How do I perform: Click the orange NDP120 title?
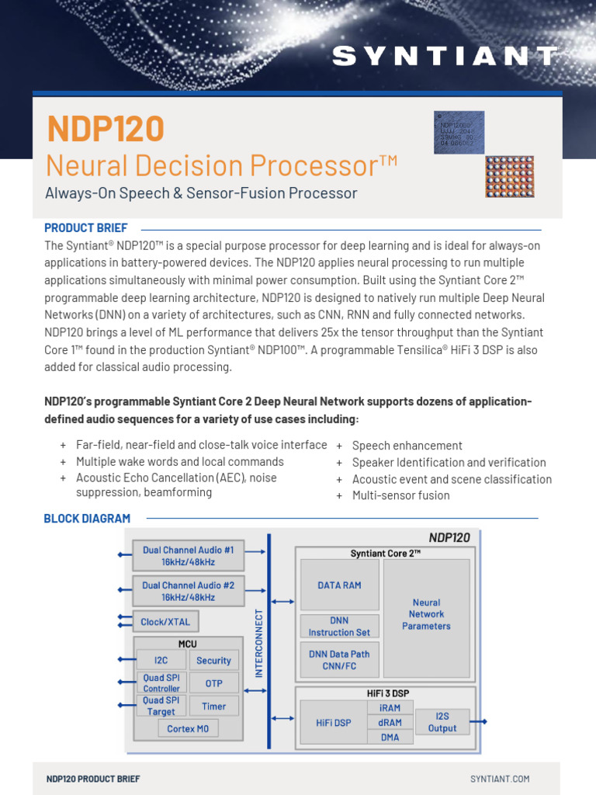pyautogui.click(x=106, y=129)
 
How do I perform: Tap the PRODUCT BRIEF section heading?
pyautogui.click(x=85, y=228)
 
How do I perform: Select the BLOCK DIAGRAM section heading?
pyautogui.click(x=87, y=519)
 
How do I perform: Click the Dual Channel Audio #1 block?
pyautogui.click(x=189, y=555)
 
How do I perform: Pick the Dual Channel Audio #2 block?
pyautogui.click(x=189, y=591)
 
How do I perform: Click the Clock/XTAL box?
pyautogui.click(x=165, y=622)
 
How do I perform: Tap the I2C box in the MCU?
pyautogui.click(x=161, y=660)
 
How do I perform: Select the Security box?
pyautogui.click(x=213, y=660)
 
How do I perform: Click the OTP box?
pyautogui.click(x=213, y=683)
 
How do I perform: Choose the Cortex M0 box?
pyautogui.click(x=188, y=729)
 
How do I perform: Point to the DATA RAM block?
pyautogui.click(x=339, y=585)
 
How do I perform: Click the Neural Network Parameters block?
pyautogui.click(x=426, y=614)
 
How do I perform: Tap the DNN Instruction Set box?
pyautogui.click(x=339, y=627)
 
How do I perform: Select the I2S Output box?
pyautogui.click(x=442, y=722)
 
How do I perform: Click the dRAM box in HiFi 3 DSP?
pyautogui.click(x=390, y=723)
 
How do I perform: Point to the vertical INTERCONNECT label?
pyautogui.click(x=260, y=643)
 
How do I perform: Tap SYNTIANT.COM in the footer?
pyautogui.click(x=500, y=779)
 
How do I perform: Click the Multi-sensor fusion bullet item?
pyautogui.click(x=400, y=496)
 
